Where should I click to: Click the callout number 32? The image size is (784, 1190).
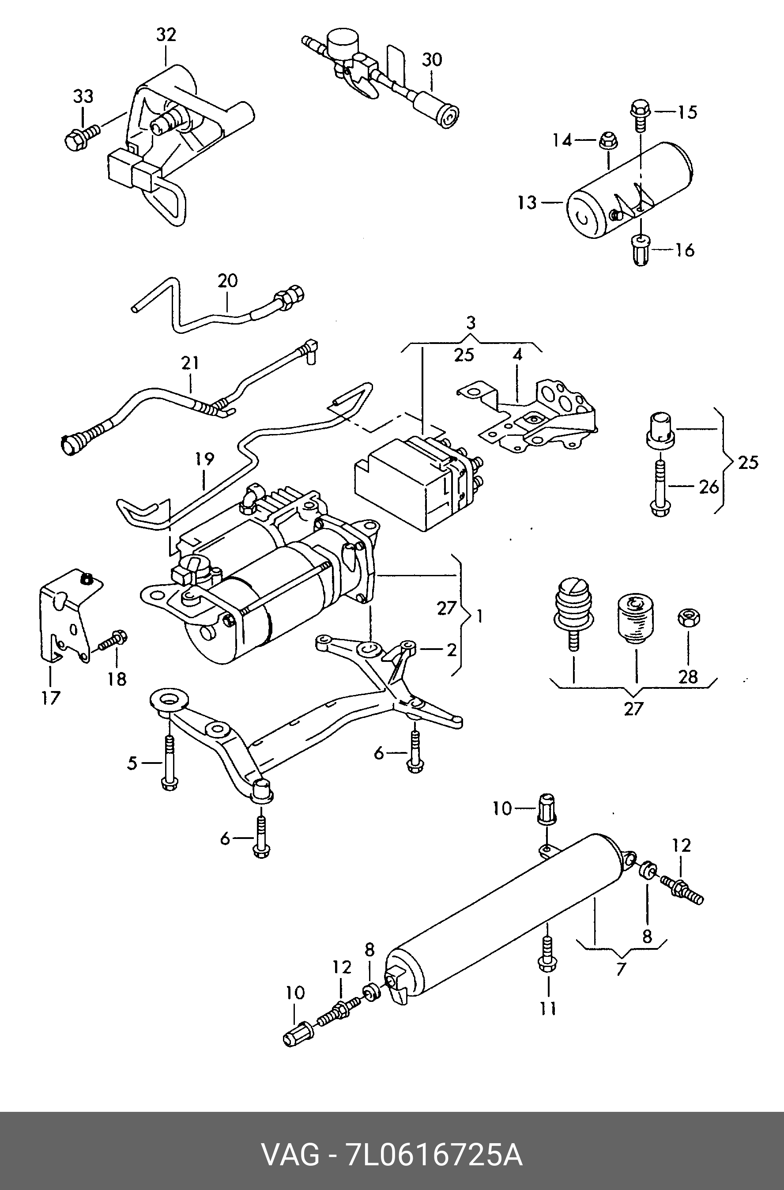[x=166, y=35]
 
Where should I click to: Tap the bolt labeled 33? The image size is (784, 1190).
[x=82, y=135]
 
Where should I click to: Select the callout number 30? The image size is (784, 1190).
[x=432, y=60]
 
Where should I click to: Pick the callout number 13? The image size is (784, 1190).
[x=527, y=203]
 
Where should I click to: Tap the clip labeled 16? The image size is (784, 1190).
[x=641, y=250]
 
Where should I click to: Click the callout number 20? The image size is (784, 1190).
[x=227, y=280]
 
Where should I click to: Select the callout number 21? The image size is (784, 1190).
[x=190, y=363]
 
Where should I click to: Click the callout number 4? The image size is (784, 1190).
[x=517, y=354]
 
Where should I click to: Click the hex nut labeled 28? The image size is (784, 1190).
[x=689, y=617]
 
